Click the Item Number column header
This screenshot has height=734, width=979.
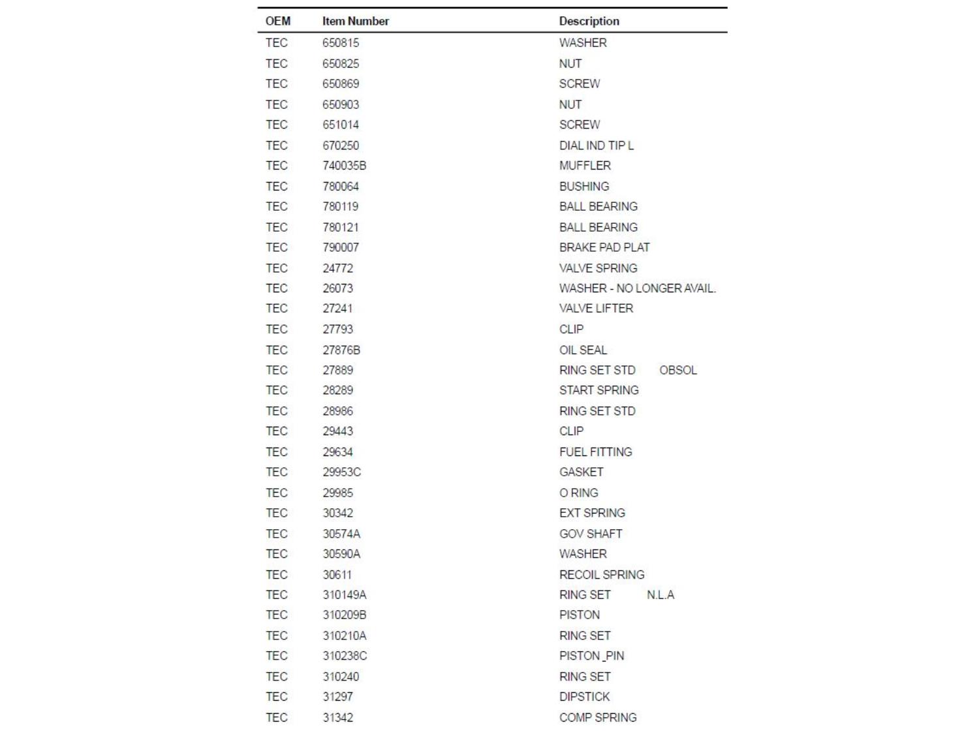coord(355,21)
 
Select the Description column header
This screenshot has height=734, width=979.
coord(589,21)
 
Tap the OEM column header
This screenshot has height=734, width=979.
coord(277,21)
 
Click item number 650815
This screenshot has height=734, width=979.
coord(340,43)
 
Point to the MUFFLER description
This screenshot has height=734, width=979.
coord(585,166)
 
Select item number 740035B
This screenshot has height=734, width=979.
coord(344,166)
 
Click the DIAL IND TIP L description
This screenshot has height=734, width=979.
coord(596,145)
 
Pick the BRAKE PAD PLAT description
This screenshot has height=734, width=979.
coord(604,247)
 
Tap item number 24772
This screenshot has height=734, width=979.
coord(337,268)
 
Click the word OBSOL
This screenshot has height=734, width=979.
coord(677,370)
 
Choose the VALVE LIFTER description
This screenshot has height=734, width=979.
coord(596,308)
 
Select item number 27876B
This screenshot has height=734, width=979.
coord(341,350)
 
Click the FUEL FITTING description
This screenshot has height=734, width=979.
coord(595,451)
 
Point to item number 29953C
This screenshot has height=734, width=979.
coord(341,472)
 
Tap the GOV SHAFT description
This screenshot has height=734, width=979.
coord(591,534)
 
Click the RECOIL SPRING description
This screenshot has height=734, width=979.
coord(601,575)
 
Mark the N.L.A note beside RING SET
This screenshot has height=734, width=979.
coord(660,595)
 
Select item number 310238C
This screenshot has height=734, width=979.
coord(345,656)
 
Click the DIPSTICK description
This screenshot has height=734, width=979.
coord(584,697)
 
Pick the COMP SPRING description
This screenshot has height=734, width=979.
coord(597,718)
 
